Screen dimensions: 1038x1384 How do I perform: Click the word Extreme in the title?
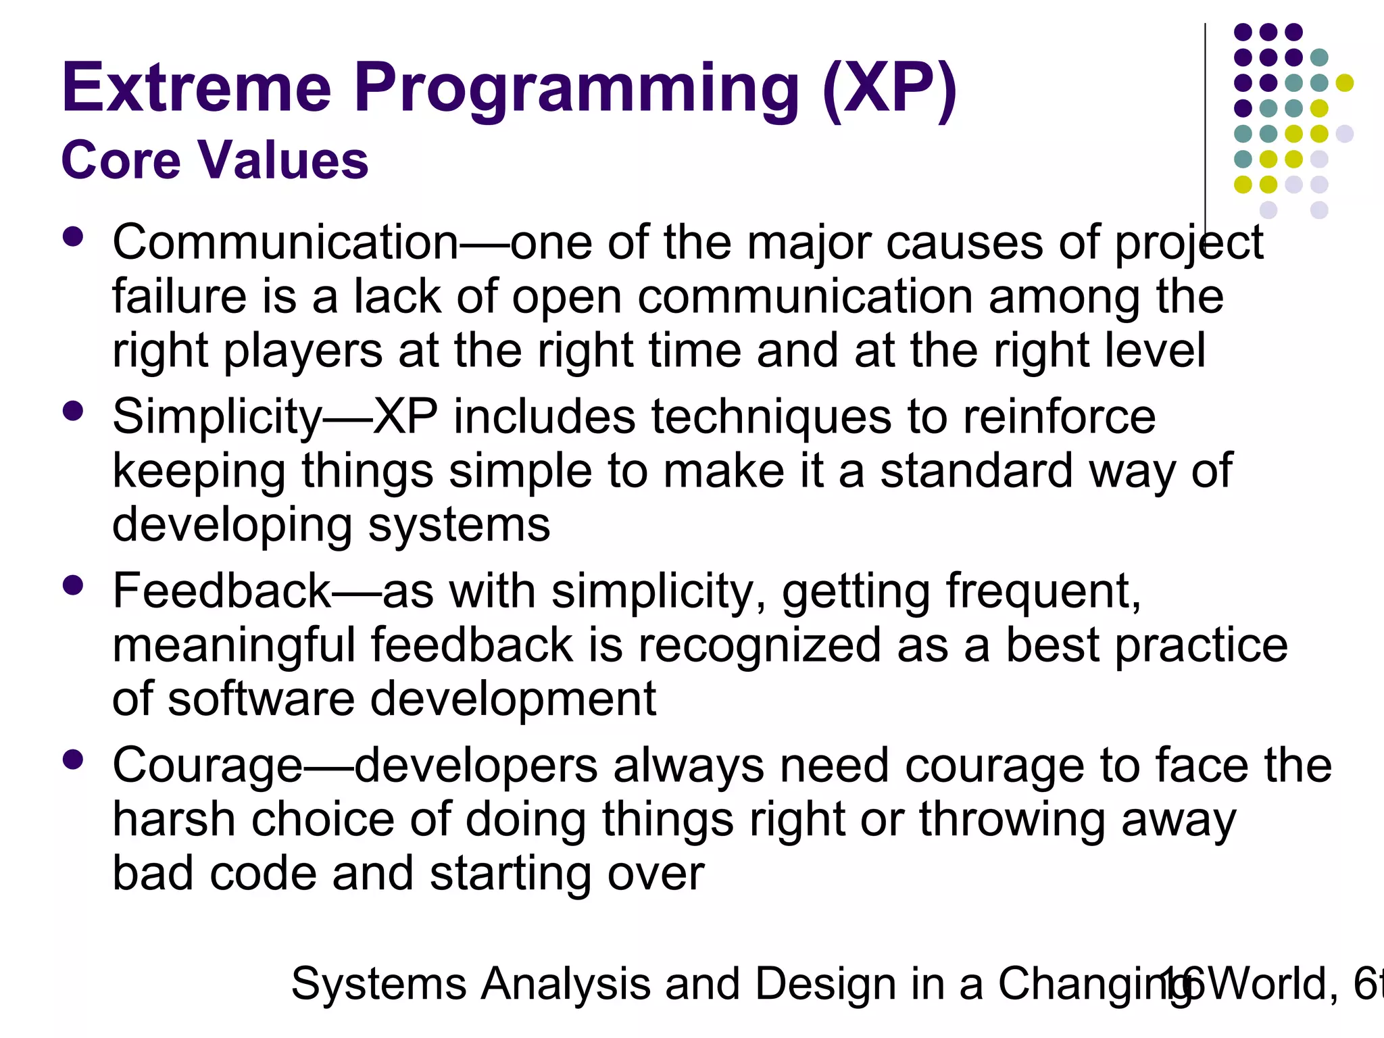coord(196,88)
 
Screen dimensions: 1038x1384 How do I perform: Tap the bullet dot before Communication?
coord(72,237)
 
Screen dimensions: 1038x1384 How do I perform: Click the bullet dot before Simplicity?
coord(72,411)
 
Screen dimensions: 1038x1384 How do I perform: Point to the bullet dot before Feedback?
coord(72,585)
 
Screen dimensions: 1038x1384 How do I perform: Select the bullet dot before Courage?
coord(72,760)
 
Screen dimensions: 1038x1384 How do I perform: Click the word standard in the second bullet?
coord(976,470)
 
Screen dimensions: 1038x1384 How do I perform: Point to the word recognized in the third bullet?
coord(760,645)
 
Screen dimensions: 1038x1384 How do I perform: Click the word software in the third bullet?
coord(261,699)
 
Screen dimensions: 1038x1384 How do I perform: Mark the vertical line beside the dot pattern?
coord(1205,122)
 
